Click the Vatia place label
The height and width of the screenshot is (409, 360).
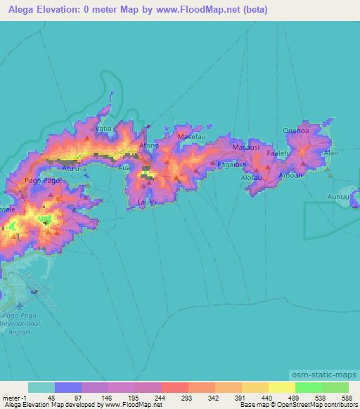point(103,129)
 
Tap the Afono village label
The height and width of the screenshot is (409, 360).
point(150,145)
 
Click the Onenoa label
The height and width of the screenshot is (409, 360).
point(295,129)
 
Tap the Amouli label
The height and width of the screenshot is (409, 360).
point(291,175)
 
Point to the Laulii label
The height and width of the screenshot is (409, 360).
point(146,202)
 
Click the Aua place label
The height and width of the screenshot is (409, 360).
point(124,169)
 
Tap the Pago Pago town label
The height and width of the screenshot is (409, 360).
point(40,181)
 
